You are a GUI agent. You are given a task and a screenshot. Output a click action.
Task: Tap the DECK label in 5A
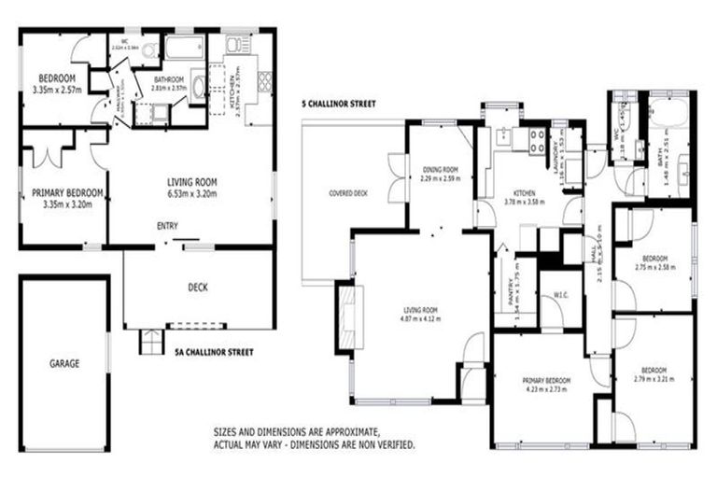pyautogui.click(x=197, y=288)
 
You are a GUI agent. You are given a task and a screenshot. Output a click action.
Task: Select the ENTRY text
pyautogui.click(x=168, y=226)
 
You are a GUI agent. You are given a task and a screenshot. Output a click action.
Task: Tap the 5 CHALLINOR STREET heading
pyautogui.click(x=339, y=104)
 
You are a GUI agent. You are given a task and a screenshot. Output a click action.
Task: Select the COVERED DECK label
pyautogui.click(x=348, y=193)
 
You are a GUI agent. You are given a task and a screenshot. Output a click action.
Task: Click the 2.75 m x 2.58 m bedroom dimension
pyautogui.click(x=654, y=267)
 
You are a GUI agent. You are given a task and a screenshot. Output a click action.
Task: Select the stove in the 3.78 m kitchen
pyautogui.click(x=539, y=141)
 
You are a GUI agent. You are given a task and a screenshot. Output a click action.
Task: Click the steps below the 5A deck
pyautogui.click(x=149, y=342)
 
